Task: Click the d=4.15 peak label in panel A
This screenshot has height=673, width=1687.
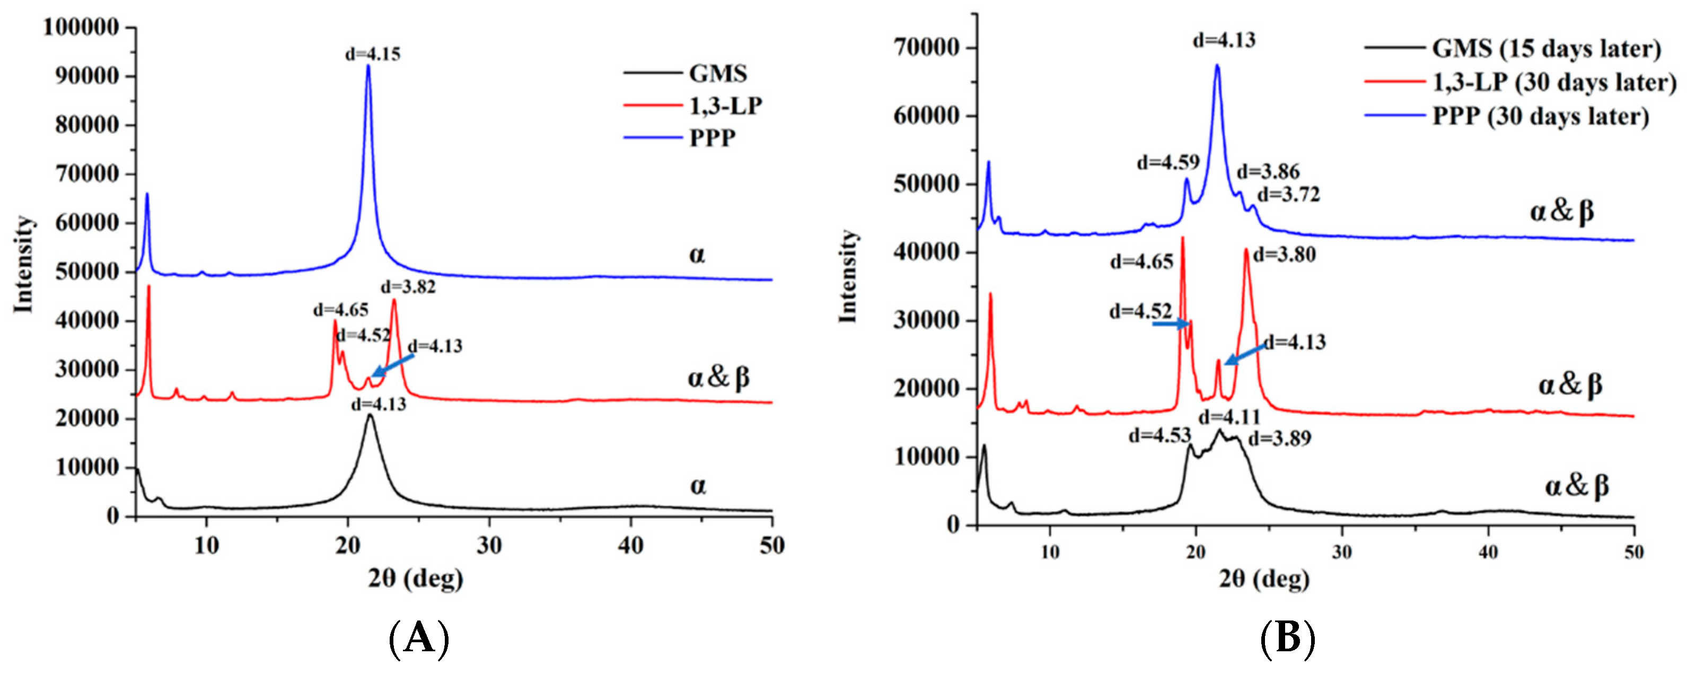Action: tap(373, 54)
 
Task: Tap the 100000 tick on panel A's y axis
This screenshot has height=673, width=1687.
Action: tap(81, 28)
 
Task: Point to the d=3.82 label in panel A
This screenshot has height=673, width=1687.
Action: tap(408, 287)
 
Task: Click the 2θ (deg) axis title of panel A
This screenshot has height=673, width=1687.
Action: tap(415, 579)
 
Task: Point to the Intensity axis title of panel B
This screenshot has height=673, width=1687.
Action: tap(849, 276)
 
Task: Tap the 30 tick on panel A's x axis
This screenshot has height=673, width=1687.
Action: tap(489, 545)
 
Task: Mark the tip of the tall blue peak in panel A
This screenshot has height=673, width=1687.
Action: tap(368, 66)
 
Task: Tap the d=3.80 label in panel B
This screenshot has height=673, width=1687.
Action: tap(1284, 255)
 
